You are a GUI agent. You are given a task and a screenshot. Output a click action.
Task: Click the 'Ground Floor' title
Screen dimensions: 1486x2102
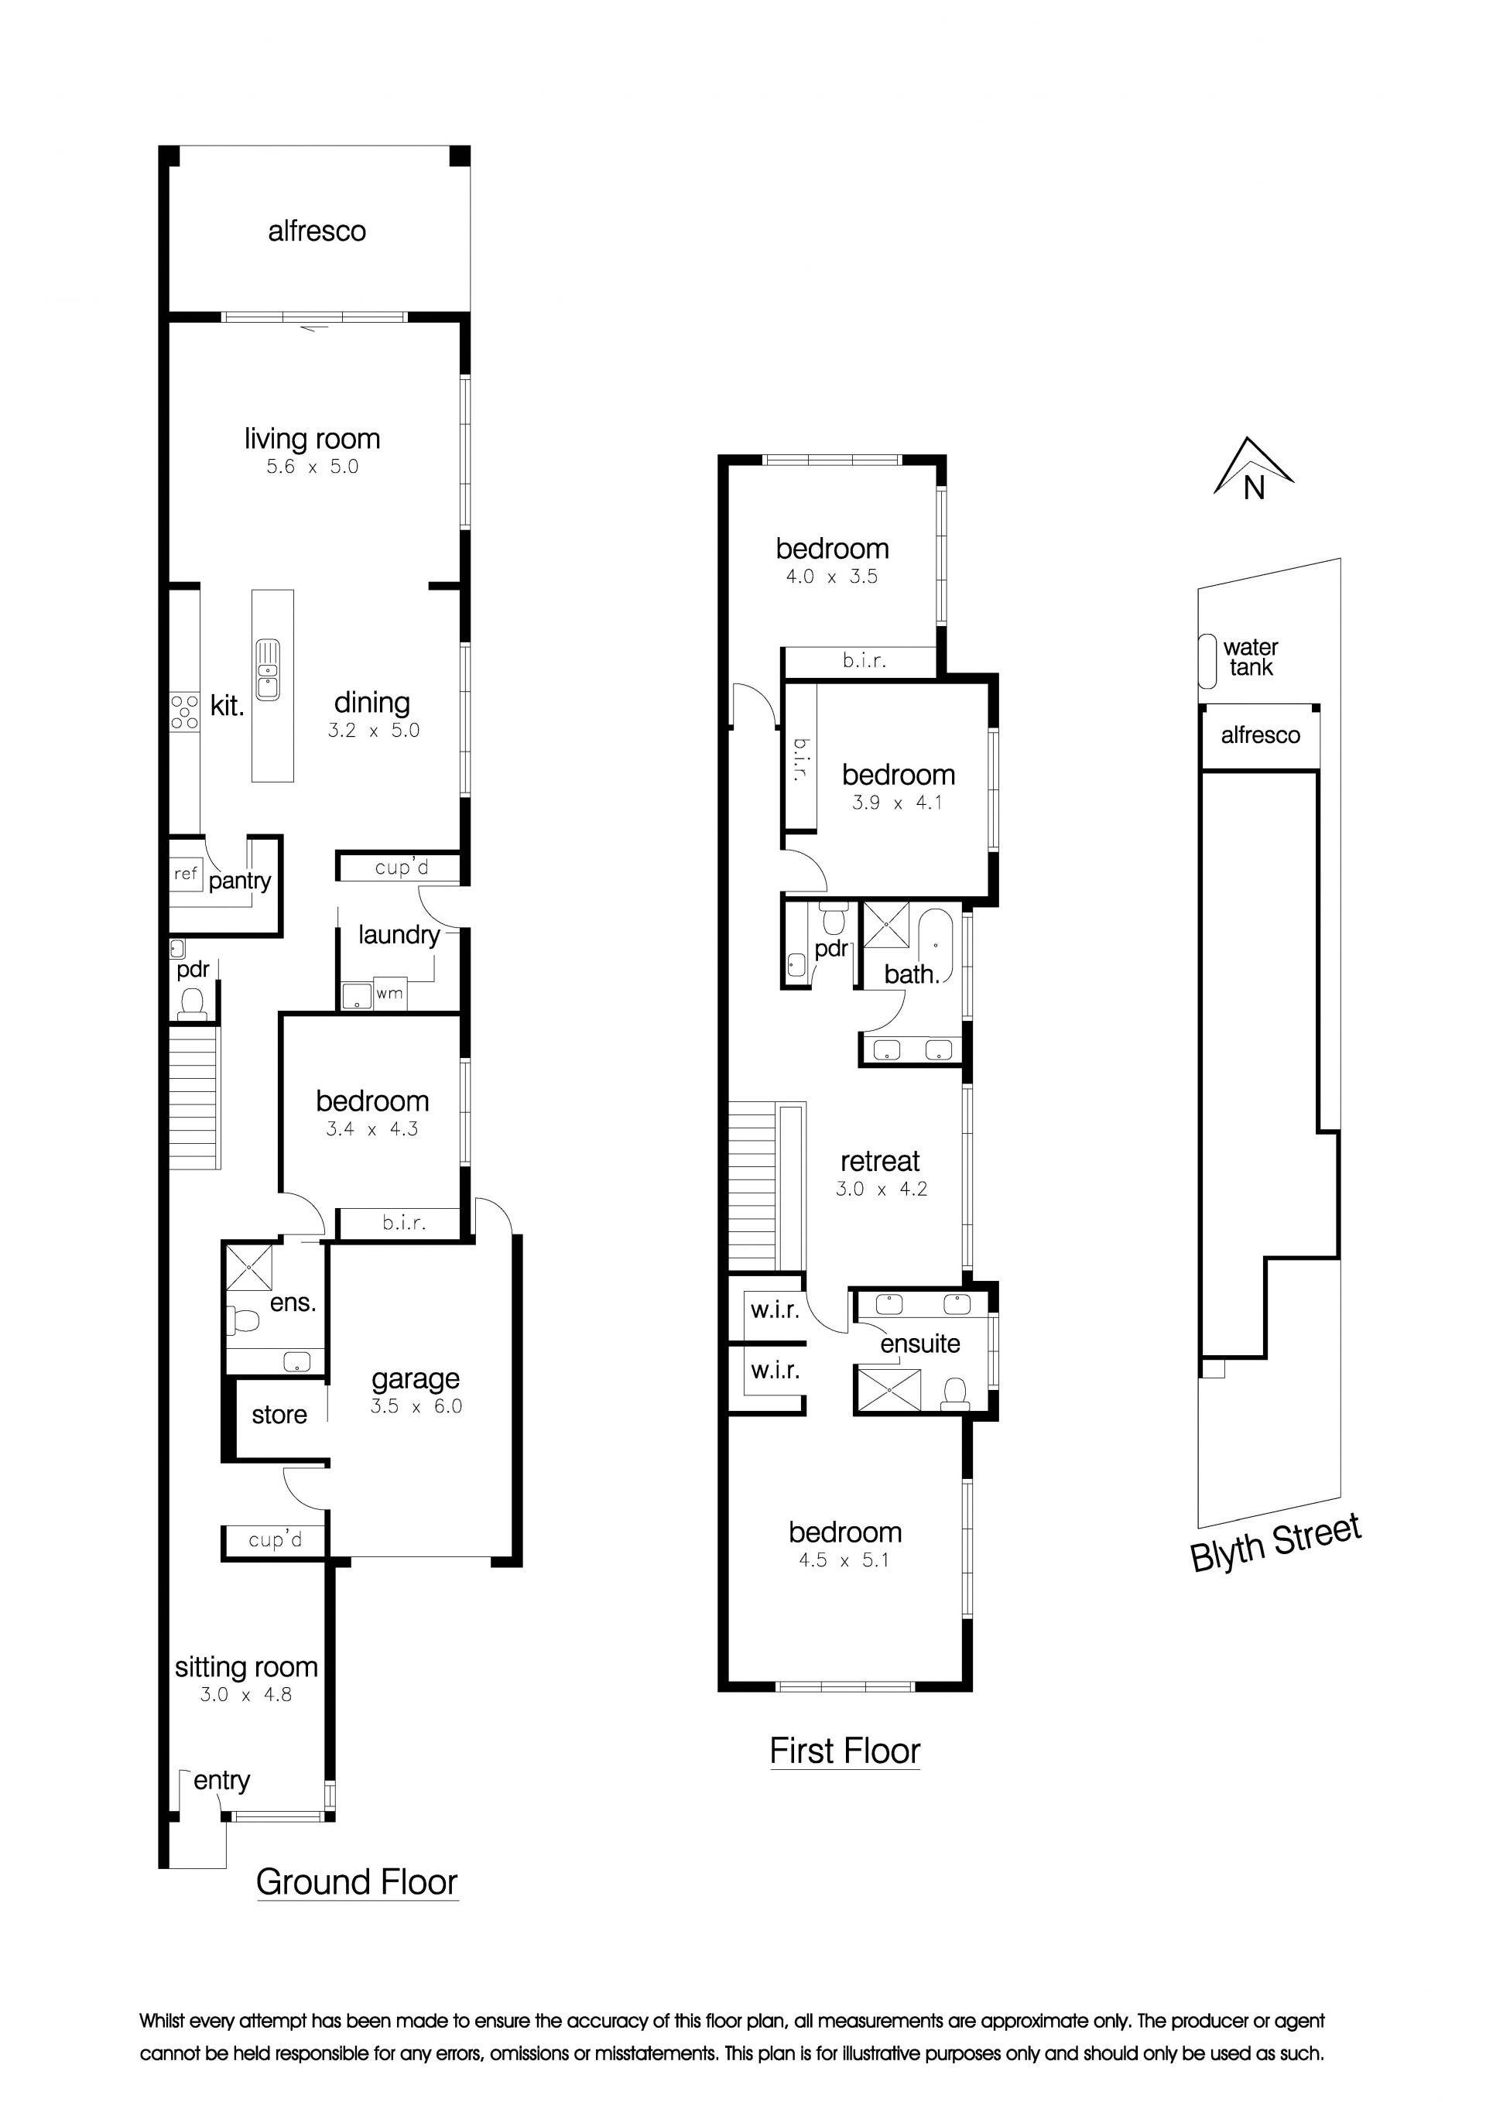pos(356,1882)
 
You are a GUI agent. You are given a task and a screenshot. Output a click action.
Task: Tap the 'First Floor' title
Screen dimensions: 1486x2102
pos(844,1751)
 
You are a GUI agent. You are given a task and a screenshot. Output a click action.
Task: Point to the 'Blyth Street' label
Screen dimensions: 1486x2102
pos(1275,1543)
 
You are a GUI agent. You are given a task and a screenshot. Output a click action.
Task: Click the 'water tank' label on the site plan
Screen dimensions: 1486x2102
pos(1251,657)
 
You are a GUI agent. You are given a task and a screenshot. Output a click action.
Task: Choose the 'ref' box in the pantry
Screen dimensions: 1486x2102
pos(186,874)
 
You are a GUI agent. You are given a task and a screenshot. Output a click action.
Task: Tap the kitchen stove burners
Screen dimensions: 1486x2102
pos(184,711)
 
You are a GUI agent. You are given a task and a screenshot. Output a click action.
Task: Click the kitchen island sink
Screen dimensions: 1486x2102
pos(267,669)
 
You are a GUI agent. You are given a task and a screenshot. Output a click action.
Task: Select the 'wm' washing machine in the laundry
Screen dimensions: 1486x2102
pos(389,993)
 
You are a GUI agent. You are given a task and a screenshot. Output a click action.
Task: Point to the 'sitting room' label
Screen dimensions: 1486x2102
pos(246,1667)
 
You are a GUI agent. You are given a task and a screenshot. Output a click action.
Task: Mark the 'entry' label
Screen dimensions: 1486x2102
pos(221,1781)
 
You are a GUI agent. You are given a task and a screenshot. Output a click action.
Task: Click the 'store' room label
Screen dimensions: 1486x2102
pos(279,1415)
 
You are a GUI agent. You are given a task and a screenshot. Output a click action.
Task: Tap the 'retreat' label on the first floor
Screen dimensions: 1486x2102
pos(880,1161)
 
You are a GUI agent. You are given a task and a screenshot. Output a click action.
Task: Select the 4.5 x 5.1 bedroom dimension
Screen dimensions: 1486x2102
pos(844,1560)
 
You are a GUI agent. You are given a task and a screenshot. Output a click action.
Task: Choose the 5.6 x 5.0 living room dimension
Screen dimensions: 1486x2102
pos(312,466)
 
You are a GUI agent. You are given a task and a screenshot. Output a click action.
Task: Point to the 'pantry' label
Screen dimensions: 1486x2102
pos(240,881)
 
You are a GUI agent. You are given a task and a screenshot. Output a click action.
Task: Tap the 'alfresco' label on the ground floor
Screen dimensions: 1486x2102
pos(317,231)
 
